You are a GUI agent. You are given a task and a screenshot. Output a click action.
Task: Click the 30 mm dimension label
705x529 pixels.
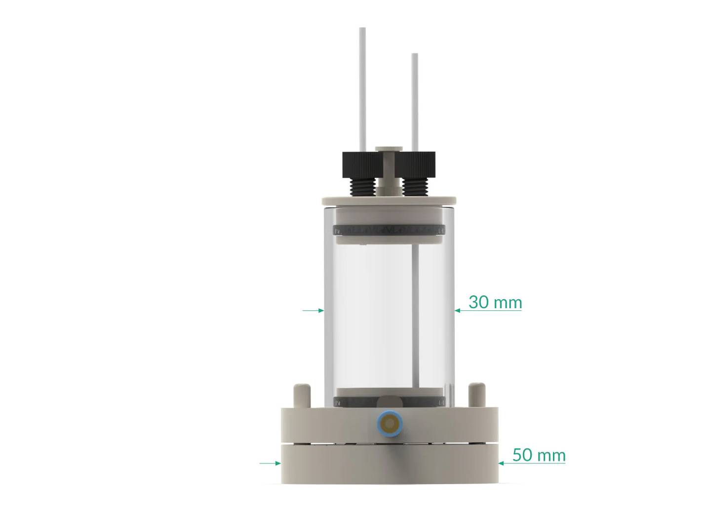(495, 302)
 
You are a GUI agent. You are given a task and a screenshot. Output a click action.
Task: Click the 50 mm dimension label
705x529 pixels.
(539, 455)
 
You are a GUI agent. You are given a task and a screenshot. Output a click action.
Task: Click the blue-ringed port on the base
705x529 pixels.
(390, 423)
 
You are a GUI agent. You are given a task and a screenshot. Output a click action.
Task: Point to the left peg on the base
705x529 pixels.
(302, 394)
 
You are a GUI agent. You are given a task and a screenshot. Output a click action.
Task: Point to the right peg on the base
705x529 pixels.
(476, 394)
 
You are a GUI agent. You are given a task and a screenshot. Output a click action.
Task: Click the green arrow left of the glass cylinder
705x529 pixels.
(313, 310)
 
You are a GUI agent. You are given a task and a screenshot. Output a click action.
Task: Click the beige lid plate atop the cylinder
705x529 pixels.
(389, 201)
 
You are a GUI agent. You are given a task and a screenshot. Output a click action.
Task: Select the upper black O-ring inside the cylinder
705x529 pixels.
(390, 231)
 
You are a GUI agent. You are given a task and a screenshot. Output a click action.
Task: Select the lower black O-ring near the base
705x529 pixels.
(390, 403)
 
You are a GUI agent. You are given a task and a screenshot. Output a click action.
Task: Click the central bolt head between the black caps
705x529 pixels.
(389, 148)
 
